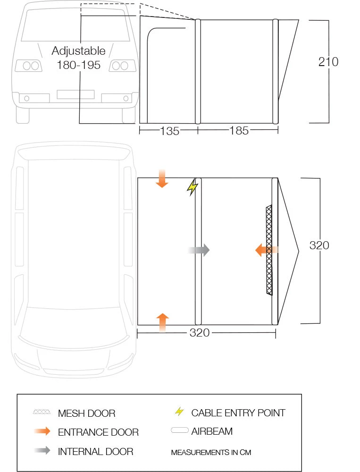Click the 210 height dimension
pyautogui.click(x=328, y=62)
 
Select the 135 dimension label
pyautogui.click(x=169, y=131)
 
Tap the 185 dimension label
pyautogui.click(x=239, y=131)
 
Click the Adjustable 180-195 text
pyautogui.click(x=78, y=58)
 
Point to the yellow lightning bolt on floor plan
pyautogui.click(x=192, y=187)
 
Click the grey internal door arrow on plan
pyautogui.click(x=199, y=250)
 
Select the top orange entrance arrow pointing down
pyautogui.click(x=162, y=179)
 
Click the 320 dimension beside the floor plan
pyautogui.click(x=319, y=245)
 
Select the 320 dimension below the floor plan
pyautogui.click(x=199, y=333)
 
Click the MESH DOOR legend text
pyautogui.click(x=86, y=413)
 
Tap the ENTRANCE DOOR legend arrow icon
pyautogui.click(x=42, y=431)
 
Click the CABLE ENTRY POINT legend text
pyautogui.click(x=238, y=413)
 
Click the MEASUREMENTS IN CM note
pyautogui.click(x=211, y=452)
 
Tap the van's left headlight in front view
pyautogui.click(x=29, y=66)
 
